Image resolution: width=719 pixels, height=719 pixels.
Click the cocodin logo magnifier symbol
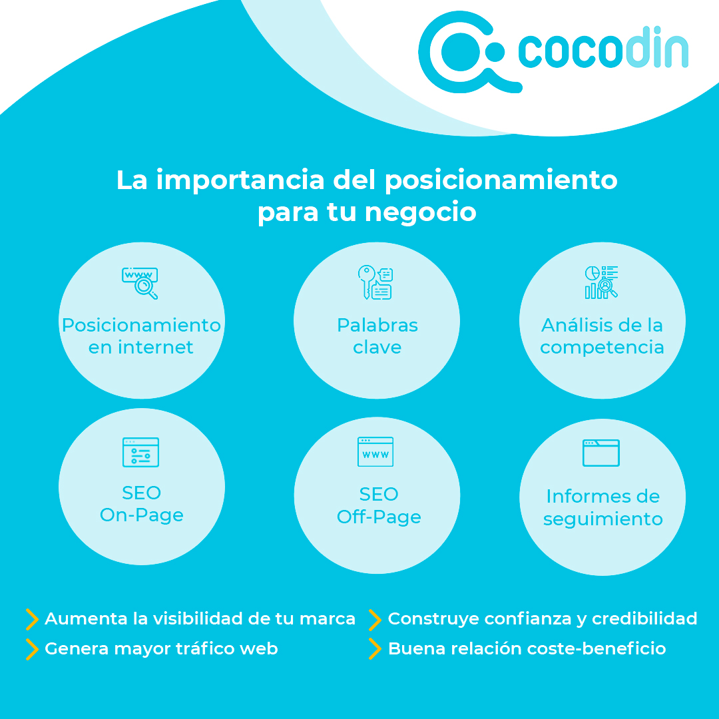tap(459, 52)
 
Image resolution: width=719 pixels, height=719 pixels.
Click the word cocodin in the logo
tap(602, 51)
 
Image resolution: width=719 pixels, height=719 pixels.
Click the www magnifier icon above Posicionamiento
tap(140, 282)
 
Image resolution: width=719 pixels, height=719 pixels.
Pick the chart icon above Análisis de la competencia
tap(601, 282)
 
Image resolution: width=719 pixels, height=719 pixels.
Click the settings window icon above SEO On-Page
tap(140, 452)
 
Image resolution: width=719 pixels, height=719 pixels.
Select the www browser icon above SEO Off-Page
tap(375, 452)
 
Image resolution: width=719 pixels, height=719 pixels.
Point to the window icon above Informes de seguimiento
tap(601, 453)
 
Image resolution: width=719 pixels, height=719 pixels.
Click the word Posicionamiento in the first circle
tap(141, 326)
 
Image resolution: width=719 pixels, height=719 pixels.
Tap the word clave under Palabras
tap(377, 348)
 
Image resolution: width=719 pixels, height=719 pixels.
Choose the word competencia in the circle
tap(602, 348)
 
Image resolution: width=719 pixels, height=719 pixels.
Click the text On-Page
tap(141, 515)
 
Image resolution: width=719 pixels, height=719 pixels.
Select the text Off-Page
tap(379, 517)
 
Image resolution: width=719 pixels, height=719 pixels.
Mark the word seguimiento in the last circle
tap(602, 519)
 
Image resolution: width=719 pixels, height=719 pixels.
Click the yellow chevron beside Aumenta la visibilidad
tap(31, 619)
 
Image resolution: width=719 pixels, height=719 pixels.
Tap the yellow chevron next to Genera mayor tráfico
tap(31, 649)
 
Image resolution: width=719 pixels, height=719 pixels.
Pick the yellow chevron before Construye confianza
tap(375, 619)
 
